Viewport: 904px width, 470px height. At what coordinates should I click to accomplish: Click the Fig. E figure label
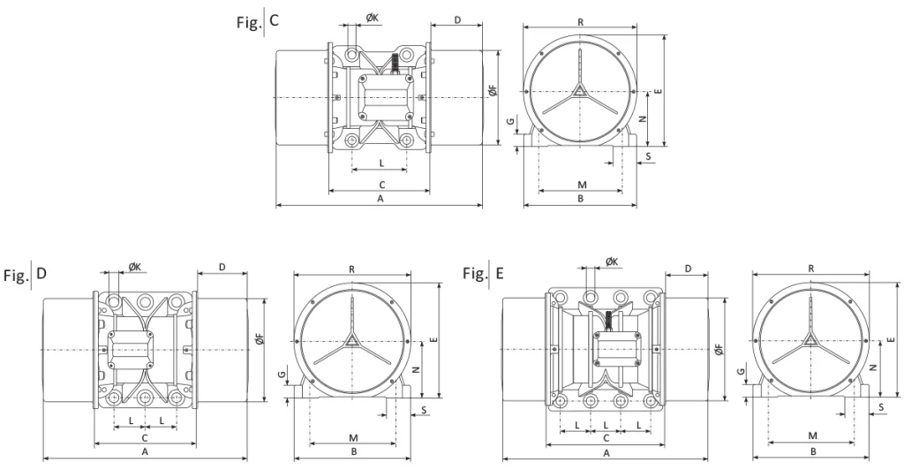(x=484, y=275)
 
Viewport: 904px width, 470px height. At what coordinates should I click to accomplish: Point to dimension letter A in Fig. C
(x=380, y=200)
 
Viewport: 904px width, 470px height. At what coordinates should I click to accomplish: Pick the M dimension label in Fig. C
(x=580, y=184)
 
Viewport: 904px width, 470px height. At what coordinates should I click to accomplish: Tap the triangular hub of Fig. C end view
(x=580, y=89)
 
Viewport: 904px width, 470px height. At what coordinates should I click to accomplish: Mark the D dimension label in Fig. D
(x=221, y=266)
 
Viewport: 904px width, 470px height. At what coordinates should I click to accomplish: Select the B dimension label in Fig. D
(x=353, y=451)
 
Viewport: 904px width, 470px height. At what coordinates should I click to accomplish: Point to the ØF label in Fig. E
(x=719, y=351)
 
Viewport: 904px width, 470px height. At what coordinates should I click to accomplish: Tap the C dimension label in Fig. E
(x=606, y=438)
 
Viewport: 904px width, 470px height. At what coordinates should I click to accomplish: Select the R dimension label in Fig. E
(x=810, y=268)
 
